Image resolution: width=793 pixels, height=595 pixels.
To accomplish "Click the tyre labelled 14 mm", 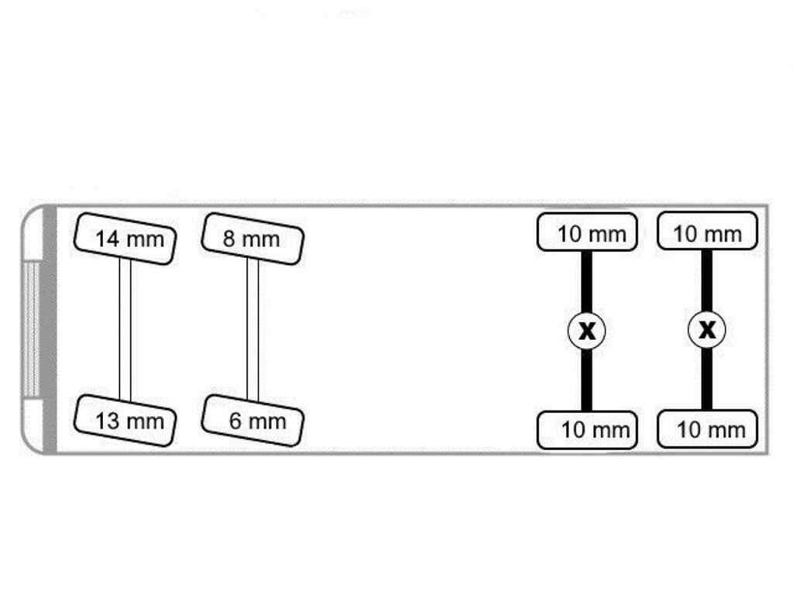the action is tap(125, 239).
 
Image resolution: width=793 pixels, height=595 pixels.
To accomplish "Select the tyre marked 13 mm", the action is tap(125, 421).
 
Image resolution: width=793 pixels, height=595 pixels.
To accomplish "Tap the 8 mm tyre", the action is tap(252, 239).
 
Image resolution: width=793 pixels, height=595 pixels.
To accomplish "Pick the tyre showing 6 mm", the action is tap(252, 421).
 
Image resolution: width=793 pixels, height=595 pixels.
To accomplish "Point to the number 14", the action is tap(107, 239).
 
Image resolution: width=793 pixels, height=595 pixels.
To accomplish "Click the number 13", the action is tap(107, 421).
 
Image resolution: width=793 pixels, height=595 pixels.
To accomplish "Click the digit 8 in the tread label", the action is tap(229, 239).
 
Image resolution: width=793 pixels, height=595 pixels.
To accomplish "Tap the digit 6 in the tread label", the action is tap(235, 421).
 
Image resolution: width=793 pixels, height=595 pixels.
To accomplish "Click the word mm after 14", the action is tap(145, 241).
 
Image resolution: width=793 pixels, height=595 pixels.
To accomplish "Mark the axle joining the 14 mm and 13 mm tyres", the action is tap(125, 330).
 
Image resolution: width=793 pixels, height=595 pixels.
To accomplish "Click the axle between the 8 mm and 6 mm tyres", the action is tap(252, 330).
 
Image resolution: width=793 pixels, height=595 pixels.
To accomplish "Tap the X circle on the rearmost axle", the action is tap(707, 330).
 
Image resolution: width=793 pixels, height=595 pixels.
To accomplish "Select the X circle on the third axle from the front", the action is tap(587, 331).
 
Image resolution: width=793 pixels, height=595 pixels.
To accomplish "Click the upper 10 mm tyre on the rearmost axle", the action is tap(707, 231).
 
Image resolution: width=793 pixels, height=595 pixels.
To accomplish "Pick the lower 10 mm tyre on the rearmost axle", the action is tap(707, 429).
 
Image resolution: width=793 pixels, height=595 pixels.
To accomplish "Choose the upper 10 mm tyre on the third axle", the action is tap(587, 232).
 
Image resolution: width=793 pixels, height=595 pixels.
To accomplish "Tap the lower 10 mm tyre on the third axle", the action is tap(587, 430).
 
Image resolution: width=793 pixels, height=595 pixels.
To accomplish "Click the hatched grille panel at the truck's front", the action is tap(31, 329).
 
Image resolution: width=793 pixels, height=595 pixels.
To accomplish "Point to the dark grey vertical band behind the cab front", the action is tap(50, 329).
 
